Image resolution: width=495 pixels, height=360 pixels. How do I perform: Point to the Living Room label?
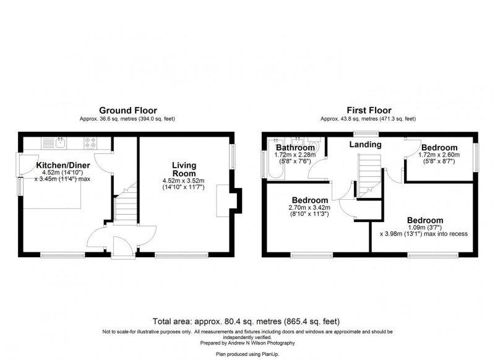[184, 169]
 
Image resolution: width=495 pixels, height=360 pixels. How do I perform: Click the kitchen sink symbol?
[61, 144]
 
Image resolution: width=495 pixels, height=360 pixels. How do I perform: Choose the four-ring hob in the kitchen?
[91, 144]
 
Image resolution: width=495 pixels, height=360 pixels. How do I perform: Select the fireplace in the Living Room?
[225, 202]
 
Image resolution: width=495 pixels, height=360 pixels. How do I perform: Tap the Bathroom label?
[295, 148]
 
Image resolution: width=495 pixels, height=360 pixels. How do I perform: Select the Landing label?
[365, 145]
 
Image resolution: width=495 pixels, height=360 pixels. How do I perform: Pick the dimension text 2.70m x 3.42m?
[309, 208]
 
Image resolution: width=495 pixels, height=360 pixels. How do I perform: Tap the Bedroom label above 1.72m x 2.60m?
[439, 148]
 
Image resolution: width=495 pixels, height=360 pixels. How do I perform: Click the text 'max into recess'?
[441, 234]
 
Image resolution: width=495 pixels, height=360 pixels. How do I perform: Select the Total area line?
[246, 322]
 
